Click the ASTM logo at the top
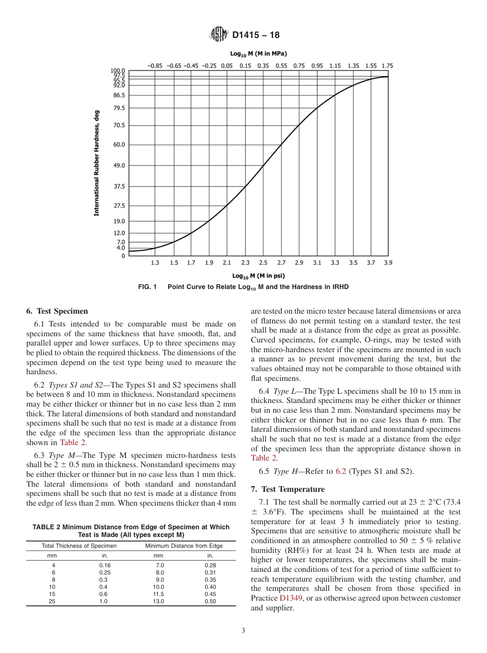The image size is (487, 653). [x=218, y=35]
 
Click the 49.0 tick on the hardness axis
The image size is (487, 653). [x=118, y=165]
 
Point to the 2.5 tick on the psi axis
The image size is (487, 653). [x=263, y=263]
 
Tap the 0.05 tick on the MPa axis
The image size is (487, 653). [x=227, y=66]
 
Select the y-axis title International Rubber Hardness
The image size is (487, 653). [x=96, y=163]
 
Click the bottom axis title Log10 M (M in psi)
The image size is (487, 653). [x=258, y=276]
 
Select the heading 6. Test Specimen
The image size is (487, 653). [x=57, y=311]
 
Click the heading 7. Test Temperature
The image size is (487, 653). [x=288, y=489]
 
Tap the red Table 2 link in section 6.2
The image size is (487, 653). [x=73, y=443]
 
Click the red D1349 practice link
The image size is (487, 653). [x=291, y=598]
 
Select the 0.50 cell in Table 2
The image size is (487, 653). [x=210, y=601]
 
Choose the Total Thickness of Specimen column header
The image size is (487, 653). [x=79, y=546]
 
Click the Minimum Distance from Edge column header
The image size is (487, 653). [x=184, y=546]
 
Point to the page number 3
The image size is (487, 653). [x=243, y=631]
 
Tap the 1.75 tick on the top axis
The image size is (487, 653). [x=388, y=66]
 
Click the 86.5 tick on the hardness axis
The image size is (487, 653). [x=118, y=95]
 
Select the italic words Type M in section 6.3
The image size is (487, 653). [x=59, y=455]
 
